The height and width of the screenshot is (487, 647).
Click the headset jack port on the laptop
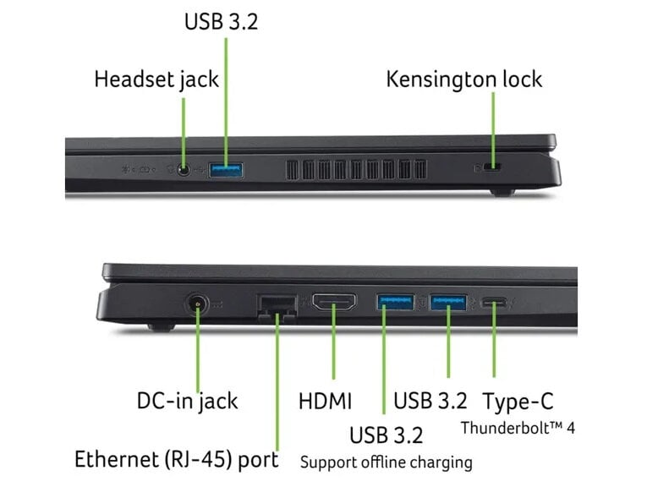point(184,169)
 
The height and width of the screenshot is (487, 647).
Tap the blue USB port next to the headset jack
point(226,170)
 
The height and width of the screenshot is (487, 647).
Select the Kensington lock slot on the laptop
point(492,167)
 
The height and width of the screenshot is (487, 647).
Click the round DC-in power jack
point(197,304)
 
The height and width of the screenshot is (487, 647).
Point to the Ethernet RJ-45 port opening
point(277,306)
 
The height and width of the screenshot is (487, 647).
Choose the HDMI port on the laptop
point(334,302)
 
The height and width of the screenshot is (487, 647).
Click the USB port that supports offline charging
point(395,302)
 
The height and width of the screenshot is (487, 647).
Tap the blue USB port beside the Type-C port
point(448,302)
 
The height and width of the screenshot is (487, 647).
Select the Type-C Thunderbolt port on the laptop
point(494,304)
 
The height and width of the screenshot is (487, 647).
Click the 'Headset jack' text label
point(156,79)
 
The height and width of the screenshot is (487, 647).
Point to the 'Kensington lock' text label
point(464,79)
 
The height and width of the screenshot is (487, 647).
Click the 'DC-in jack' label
point(187,402)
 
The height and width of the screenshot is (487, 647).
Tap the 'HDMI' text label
point(325,402)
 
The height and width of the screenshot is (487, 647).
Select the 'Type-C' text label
point(518,402)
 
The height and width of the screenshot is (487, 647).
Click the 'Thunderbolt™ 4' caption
point(518,428)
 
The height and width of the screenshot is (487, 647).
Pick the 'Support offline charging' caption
point(387,462)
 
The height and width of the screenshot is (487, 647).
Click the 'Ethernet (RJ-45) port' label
point(177,459)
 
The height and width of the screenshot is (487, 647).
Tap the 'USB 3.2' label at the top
point(222,21)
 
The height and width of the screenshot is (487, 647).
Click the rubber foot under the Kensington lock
point(502,192)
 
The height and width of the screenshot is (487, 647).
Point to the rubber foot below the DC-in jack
point(162,327)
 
